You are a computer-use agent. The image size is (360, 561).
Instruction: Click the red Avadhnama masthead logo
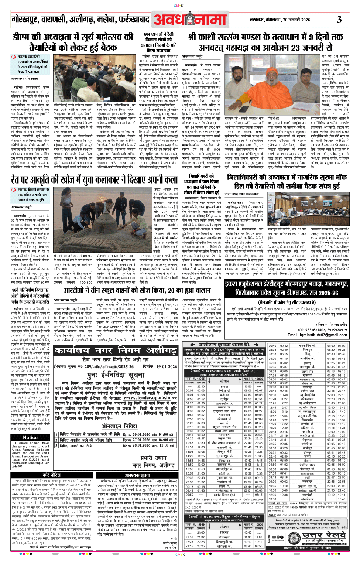tap(190, 20)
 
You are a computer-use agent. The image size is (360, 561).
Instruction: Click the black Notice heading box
tap(30, 437)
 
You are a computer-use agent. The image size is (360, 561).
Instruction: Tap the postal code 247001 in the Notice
tap(17, 466)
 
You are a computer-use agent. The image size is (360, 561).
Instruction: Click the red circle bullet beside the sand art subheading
tap(13, 189)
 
